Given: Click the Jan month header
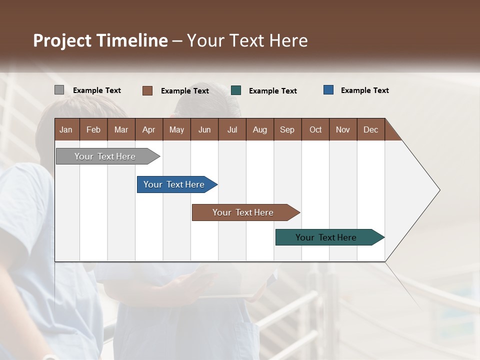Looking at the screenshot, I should coord(66,129).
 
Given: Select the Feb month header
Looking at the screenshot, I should coord(93,129).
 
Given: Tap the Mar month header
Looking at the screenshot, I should coord(121,129).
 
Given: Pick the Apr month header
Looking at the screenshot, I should coord(149,129).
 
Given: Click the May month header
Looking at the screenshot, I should coord(176,129).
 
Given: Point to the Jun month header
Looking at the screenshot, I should coord(204,129).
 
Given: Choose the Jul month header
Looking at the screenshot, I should coord(232,129).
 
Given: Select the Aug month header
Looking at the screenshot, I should coord(260,129).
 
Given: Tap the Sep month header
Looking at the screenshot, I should coord(287,129).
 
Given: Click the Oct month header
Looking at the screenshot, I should coord(315,129).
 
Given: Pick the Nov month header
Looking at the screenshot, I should coord(343,129).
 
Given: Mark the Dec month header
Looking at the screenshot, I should coord(371,129).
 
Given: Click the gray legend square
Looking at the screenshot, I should coord(59,90).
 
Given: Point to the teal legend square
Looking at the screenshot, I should coord(236,90).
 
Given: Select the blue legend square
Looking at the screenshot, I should coord(328,90).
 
